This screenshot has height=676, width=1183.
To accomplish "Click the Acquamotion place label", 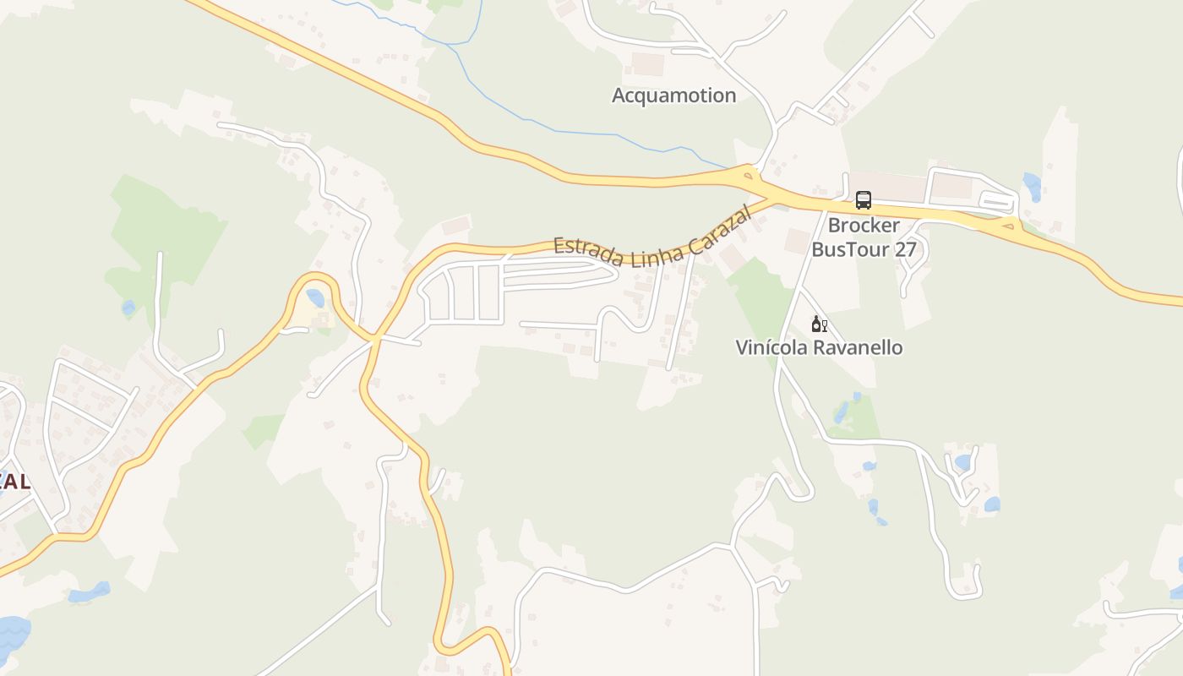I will [x=673, y=95].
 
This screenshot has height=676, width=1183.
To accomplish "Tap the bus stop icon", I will [x=863, y=200].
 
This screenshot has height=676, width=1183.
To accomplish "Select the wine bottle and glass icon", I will [x=818, y=324].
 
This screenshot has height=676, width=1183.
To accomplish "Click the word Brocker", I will [x=864, y=226].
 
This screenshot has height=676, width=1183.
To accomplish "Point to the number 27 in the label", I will [x=905, y=250].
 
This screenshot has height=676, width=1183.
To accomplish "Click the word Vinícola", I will [x=770, y=347].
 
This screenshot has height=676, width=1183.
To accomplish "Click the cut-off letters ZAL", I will [x=14, y=482].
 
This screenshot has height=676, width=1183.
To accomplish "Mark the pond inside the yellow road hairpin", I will [x=315, y=297].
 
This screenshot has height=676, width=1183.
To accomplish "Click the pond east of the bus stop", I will [x=1032, y=186].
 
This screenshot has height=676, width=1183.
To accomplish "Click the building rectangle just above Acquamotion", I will [x=648, y=64].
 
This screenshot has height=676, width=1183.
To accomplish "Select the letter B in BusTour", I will [x=818, y=250].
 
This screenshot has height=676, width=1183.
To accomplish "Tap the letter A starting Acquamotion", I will [x=619, y=95].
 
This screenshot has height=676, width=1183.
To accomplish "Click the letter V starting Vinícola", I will [x=743, y=347].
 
